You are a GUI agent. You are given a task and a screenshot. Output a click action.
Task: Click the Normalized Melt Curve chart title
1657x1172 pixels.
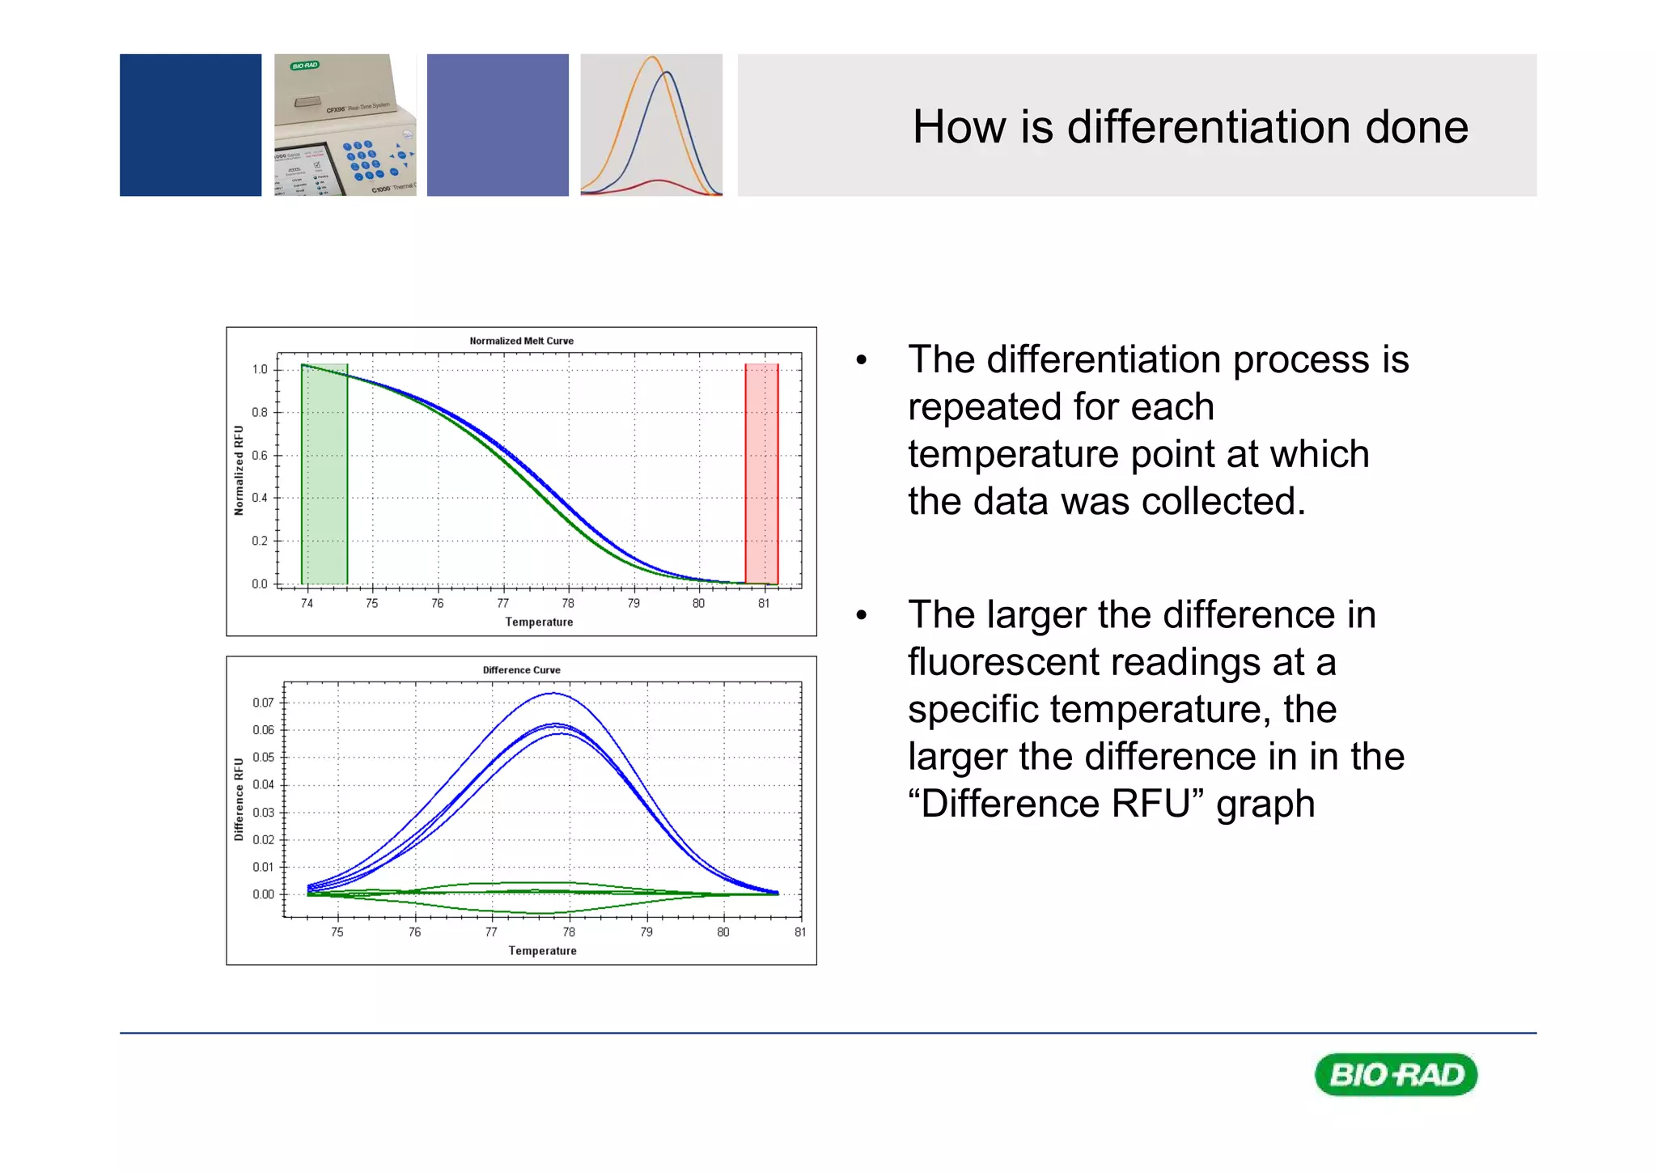point(521,341)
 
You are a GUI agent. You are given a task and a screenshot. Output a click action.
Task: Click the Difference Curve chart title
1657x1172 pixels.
point(521,670)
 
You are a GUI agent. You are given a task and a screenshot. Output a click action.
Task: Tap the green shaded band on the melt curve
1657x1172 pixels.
point(324,478)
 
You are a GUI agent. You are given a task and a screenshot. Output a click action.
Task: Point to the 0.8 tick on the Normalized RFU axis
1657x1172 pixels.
point(259,412)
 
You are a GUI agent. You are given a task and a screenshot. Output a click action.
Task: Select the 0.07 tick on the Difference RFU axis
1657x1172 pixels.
point(263,703)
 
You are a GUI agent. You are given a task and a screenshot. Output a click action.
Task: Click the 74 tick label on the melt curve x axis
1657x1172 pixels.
point(307,603)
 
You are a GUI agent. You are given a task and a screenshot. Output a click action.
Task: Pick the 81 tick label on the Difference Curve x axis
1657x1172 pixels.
point(799,932)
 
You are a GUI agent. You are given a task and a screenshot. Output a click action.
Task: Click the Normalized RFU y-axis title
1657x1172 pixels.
point(239,470)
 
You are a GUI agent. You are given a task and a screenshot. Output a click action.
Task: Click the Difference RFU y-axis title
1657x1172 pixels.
point(239,799)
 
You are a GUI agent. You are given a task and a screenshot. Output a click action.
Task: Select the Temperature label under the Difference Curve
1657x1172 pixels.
point(542,951)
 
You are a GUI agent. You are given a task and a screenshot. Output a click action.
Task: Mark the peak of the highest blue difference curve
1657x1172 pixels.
point(553,693)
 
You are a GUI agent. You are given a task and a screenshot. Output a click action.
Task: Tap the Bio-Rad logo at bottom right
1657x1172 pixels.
point(1396,1075)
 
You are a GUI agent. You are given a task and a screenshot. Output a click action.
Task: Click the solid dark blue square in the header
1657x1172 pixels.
point(190,125)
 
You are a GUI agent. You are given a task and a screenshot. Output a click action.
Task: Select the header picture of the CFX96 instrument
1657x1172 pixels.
point(345,125)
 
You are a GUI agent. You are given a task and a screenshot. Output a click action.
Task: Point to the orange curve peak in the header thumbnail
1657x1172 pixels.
point(652,57)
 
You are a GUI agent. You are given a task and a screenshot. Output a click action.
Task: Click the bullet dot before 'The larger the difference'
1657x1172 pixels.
point(862,615)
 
